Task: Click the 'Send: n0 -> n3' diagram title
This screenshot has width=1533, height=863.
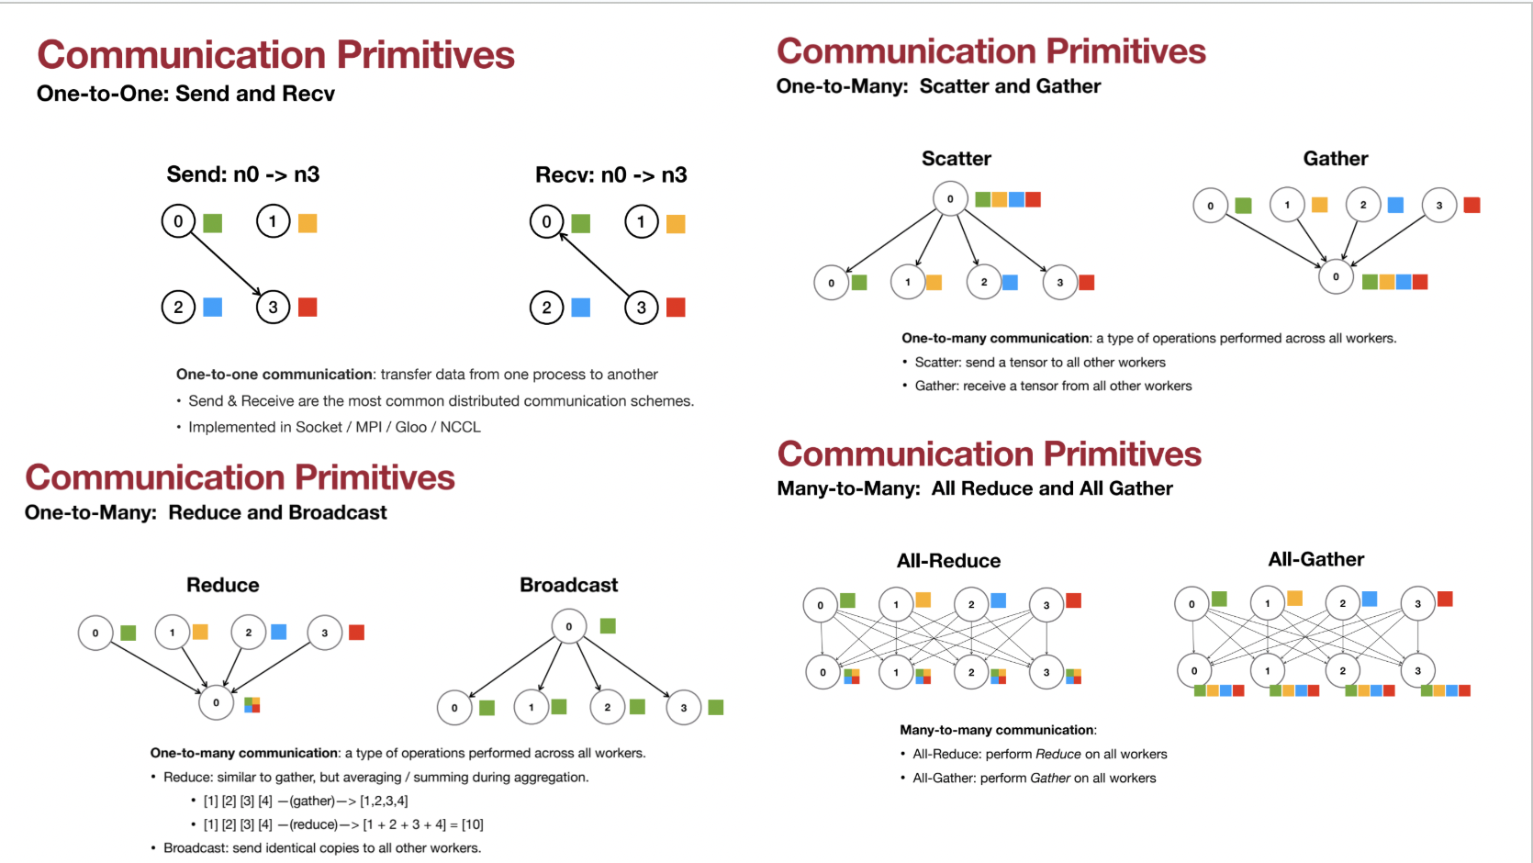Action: pyautogui.click(x=243, y=174)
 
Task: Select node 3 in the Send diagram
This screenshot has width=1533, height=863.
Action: pyautogui.click(x=273, y=307)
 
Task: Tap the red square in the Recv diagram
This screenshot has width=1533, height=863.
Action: pyautogui.click(x=676, y=308)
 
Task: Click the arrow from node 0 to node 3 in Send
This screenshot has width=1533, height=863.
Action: pyautogui.click(x=225, y=263)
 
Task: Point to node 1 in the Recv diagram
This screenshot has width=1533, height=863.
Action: pyautogui.click(x=641, y=221)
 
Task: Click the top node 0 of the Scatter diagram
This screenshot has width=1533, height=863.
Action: pyautogui.click(x=950, y=198)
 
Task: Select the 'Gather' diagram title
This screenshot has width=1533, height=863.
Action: pyautogui.click(x=1336, y=159)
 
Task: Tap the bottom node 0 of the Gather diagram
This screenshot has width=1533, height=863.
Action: pyautogui.click(x=1336, y=276)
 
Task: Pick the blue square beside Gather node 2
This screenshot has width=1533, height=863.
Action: pyautogui.click(x=1395, y=205)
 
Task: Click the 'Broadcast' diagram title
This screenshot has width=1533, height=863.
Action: pyautogui.click(x=568, y=585)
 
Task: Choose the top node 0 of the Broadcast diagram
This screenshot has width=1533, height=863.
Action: pyautogui.click(x=568, y=626)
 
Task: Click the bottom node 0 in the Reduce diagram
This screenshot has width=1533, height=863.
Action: pyautogui.click(x=216, y=702)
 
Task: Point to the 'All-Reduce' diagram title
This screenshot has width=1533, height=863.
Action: pyautogui.click(x=948, y=561)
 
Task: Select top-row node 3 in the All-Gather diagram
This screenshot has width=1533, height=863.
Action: pyautogui.click(x=1417, y=603)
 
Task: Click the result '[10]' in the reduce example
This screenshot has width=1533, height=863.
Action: pyautogui.click(x=472, y=824)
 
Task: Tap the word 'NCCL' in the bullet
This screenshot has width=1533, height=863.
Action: pyautogui.click(x=460, y=427)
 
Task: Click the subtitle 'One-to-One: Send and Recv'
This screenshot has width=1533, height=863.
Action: pyautogui.click(x=185, y=94)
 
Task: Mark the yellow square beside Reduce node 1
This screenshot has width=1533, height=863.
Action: pyautogui.click(x=200, y=632)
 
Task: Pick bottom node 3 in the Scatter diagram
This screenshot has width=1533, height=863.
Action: pyautogui.click(x=1059, y=282)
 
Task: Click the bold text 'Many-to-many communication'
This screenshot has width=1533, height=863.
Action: pyautogui.click(x=997, y=730)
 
